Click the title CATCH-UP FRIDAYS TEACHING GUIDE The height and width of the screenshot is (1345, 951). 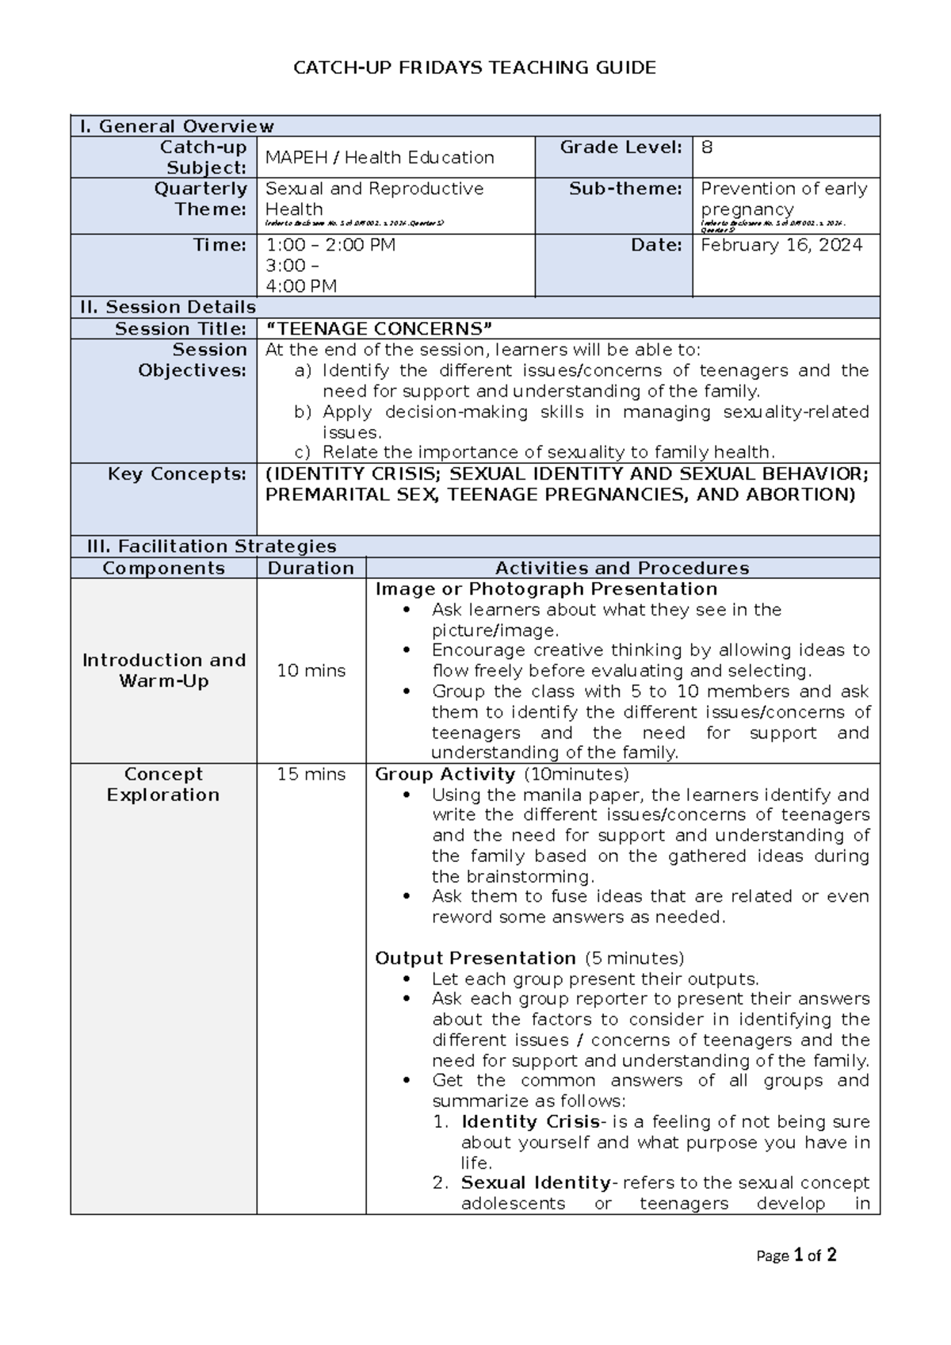(475, 68)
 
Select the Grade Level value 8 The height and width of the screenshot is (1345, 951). (707, 148)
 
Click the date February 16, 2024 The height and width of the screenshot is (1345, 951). (781, 245)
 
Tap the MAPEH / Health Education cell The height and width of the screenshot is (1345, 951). (380, 157)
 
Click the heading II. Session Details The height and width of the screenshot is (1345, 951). (166, 308)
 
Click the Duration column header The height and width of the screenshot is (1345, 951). (311, 568)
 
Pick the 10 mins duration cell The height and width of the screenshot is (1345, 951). (311, 671)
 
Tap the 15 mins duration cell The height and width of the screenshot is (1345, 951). (311, 774)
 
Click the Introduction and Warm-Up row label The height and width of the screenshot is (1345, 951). (164, 671)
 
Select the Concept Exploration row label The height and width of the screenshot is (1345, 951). (163, 784)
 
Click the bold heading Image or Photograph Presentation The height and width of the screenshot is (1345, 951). (546, 589)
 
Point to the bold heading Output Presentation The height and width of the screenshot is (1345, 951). (475, 958)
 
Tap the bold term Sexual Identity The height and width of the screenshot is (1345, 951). (537, 1183)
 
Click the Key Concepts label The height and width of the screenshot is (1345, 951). (178, 474)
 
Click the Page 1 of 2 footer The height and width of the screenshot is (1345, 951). (796, 1255)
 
